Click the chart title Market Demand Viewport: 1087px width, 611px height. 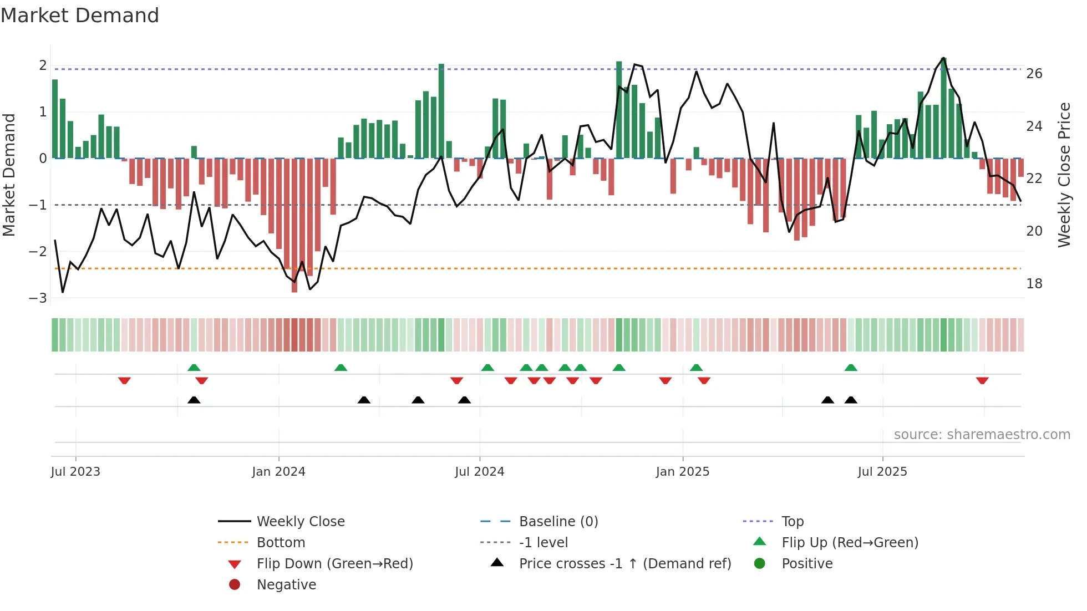80,16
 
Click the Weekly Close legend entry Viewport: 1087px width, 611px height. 300,522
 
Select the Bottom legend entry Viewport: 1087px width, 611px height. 281,543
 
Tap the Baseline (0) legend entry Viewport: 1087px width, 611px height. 558,522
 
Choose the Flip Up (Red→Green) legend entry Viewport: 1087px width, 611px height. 850,543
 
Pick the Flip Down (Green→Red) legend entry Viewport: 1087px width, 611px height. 334,564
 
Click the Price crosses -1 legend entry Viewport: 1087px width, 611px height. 624,564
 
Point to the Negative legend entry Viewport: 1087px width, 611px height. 286,585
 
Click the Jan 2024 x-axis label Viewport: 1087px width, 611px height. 278,472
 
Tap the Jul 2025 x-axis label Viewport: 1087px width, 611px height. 882,472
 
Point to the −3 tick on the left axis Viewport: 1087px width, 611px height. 38,298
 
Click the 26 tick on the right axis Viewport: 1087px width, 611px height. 1034,74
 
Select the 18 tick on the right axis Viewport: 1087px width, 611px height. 1034,284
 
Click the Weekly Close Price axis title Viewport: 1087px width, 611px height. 1064,175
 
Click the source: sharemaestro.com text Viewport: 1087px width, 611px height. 982,435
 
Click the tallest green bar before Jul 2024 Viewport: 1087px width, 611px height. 441,111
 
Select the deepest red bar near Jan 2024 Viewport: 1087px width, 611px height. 294,225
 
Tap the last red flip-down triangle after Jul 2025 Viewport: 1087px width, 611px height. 982,380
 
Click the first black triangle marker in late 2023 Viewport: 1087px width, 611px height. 194,400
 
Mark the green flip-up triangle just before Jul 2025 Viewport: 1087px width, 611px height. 851,368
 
